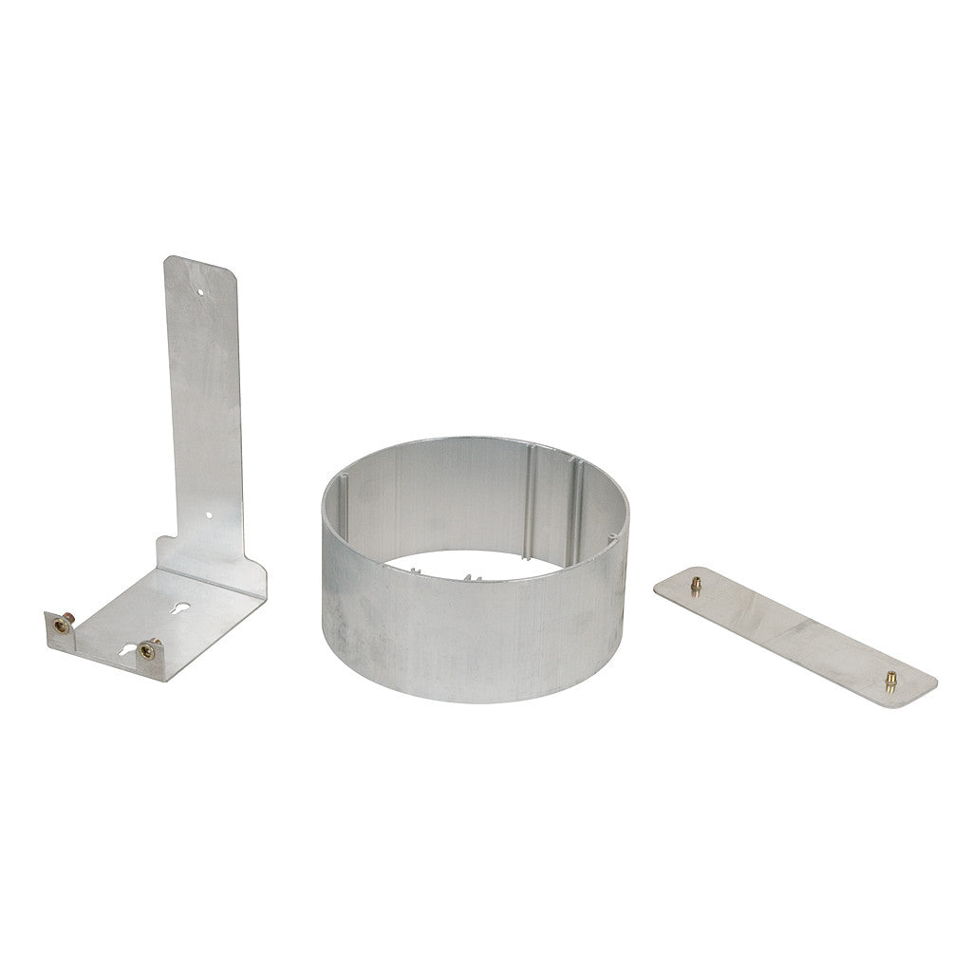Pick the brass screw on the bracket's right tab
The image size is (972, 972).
tap(147, 649)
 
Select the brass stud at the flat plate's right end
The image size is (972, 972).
tap(890, 678)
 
